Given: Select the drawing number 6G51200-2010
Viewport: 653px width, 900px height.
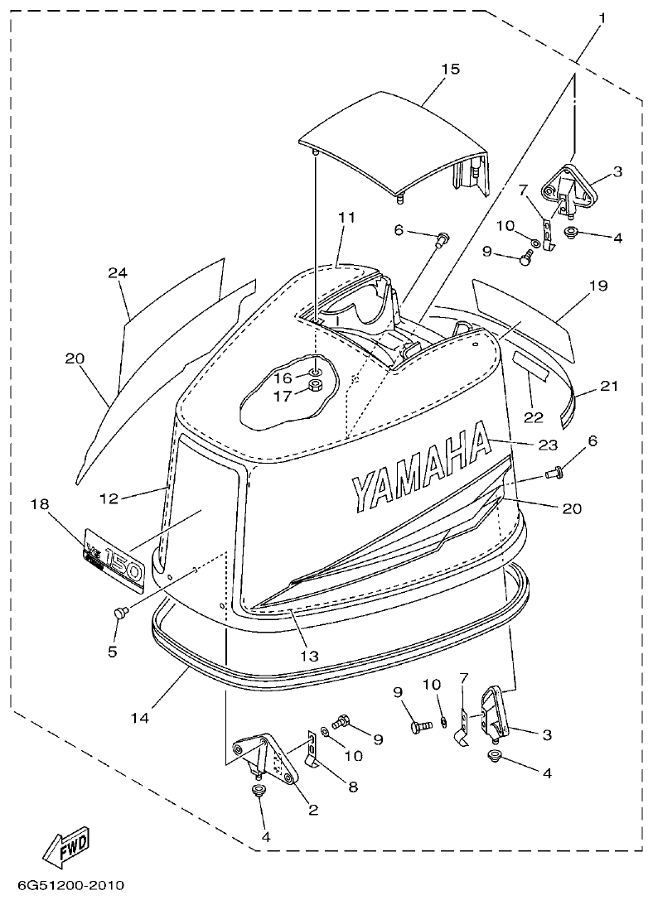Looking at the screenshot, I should click(64, 886).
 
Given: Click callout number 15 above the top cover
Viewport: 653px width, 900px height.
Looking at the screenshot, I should click(450, 70).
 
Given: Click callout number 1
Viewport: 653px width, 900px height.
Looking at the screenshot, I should click(602, 17).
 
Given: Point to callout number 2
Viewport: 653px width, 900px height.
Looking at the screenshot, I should click(313, 810).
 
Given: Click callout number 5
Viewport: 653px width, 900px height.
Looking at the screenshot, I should click(112, 652).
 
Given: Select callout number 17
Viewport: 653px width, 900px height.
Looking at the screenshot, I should click(283, 396).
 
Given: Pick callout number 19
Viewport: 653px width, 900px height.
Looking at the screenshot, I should click(598, 286).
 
